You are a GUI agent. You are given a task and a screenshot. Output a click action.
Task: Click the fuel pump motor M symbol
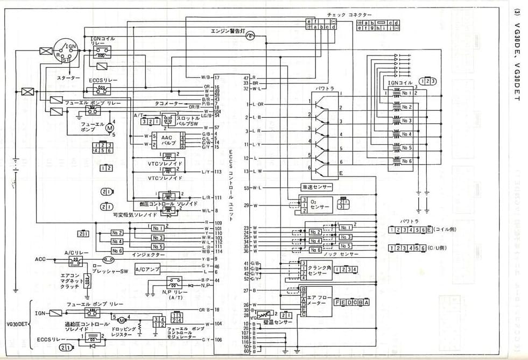(x=109, y=128)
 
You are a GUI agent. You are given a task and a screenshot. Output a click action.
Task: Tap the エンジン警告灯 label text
(x=227, y=31)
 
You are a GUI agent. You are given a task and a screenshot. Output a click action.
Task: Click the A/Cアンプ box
(x=146, y=269)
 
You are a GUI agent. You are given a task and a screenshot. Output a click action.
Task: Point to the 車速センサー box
(x=316, y=187)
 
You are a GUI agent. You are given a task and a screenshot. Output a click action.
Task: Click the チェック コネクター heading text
(x=348, y=15)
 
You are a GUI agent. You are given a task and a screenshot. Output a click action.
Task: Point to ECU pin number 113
(x=218, y=172)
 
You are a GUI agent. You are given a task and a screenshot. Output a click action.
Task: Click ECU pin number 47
(x=246, y=77)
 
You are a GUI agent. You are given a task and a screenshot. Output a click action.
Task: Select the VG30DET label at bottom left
(x=16, y=324)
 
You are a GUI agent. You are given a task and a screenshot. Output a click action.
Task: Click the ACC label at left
(x=41, y=259)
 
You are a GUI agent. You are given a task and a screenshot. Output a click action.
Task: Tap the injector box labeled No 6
(x=117, y=251)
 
